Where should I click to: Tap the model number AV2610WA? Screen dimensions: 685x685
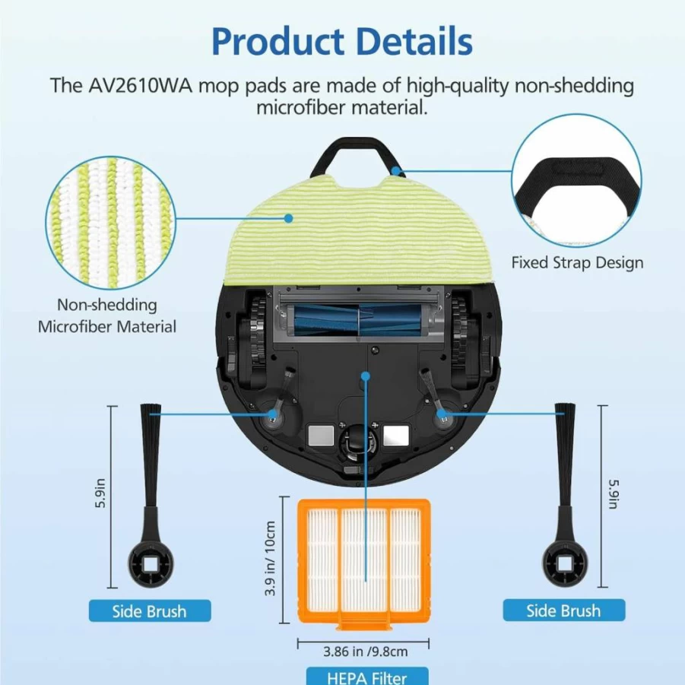tap(140, 85)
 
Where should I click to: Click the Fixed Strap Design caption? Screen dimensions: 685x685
tap(577, 262)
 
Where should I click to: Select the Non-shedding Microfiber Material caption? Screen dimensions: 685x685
tap(107, 316)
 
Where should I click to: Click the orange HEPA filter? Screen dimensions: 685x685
tap(364, 563)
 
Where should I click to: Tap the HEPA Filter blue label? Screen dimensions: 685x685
tap(367, 677)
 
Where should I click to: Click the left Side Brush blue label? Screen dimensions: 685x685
tap(150, 610)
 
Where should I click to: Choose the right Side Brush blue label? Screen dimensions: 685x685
tap(563, 610)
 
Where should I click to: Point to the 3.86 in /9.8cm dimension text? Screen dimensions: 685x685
tap(366, 652)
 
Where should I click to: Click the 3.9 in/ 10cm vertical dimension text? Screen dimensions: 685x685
tap(271, 558)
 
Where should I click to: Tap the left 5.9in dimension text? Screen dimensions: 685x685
tap(100, 493)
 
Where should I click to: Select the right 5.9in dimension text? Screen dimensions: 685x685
tap(614, 494)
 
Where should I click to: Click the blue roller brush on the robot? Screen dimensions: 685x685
tap(358, 321)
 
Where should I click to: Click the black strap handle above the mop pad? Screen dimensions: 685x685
tap(357, 157)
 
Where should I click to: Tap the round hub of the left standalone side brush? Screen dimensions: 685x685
tap(151, 564)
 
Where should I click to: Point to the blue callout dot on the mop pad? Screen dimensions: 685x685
tap(288, 218)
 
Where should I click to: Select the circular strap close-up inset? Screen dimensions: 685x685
tap(576, 180)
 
